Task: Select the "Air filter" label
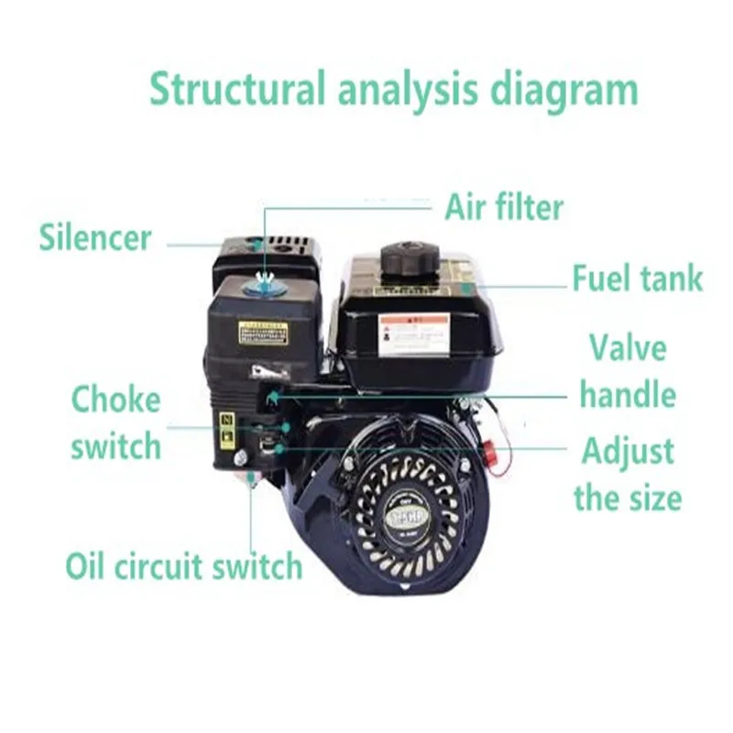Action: coord(504,207)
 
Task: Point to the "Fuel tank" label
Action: coord(638,278)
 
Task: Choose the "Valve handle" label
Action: coord(628,371)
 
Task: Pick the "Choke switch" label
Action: coord(115,423)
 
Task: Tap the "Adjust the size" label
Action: coord(628,475)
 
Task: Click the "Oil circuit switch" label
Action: coord(183,565)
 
